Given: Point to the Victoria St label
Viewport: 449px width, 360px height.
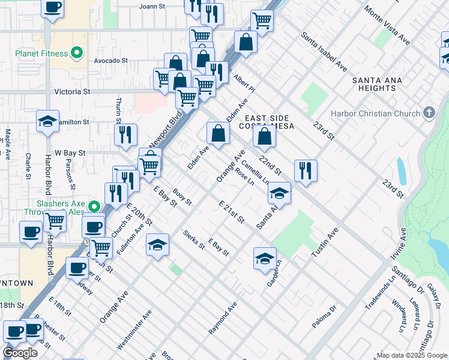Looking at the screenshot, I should (x=72, y=92).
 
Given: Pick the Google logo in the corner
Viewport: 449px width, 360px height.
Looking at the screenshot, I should (x=20, y=353).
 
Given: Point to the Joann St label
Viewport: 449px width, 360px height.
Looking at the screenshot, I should (x=152, y=6).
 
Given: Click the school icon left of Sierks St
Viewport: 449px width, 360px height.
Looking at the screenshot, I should (x=157, y=244).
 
